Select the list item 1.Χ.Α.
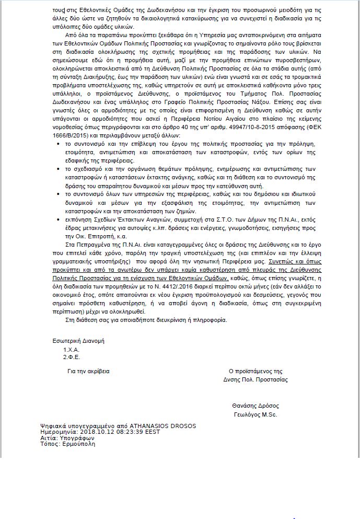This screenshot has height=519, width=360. click(x=71, y=349)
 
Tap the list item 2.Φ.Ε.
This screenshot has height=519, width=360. click(x=71, y=357)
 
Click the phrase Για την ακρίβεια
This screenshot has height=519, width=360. click(x=89, y=372)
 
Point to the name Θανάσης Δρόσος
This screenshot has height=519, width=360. click(x=256, y=406)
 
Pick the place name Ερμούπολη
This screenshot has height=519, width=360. click(x=78, y=444)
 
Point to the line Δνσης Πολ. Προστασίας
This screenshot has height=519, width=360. click(x=256, y=379)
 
